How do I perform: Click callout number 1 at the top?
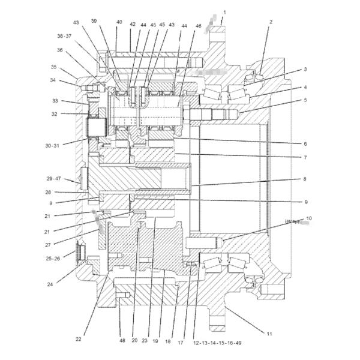(224, 12)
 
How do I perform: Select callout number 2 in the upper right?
(271, 22)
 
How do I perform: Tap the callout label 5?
(305, 100)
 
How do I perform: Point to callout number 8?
(305, 179)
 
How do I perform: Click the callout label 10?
(308, 218)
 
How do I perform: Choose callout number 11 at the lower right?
(269, 332)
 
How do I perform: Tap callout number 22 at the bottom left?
(78, 339)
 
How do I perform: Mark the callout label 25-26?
(53, 259)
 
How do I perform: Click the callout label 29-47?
(53, 179)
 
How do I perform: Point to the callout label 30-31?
(53, 145)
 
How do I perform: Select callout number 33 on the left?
(55, 101)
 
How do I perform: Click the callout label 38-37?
(64, 36)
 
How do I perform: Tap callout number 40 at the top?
(119, 22)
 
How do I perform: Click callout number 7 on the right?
(305, 158)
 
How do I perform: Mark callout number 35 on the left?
(53, 67)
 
